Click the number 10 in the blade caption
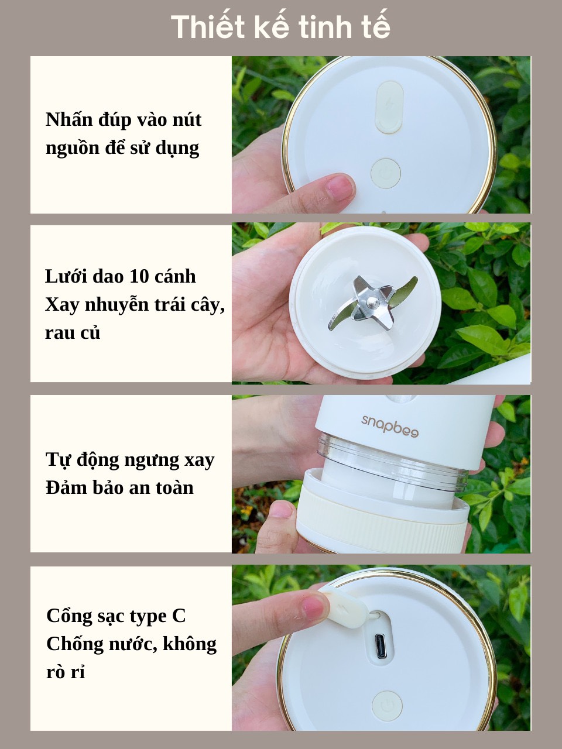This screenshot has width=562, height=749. pos(139,276)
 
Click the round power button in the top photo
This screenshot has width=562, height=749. pos(386,173)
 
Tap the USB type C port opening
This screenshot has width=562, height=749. pos(381,646)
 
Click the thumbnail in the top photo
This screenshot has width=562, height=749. pos(340,188)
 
